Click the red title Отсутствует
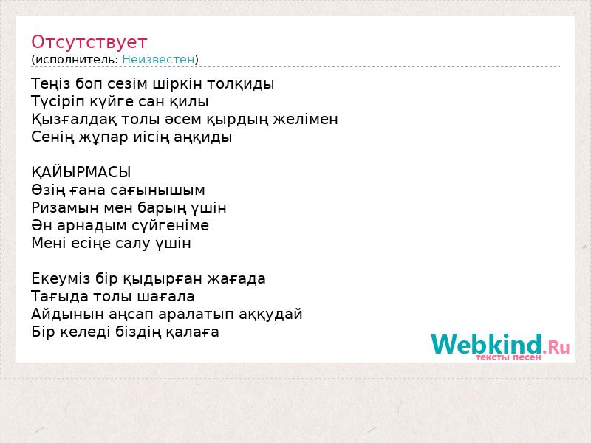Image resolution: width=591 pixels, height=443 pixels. point(89,42)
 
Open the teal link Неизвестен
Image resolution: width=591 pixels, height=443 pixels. point(158,59)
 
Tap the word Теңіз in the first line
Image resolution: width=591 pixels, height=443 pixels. point(50,83)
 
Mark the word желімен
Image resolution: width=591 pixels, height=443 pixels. point(305,120)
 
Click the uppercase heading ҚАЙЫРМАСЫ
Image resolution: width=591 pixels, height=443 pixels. point(81,173)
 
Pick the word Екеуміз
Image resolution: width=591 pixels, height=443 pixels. point(61,279)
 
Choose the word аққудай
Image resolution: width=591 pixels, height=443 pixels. point(270,315)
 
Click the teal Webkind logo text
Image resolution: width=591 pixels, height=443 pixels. point(486,344)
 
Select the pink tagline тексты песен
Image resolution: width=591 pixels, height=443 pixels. point(508,357)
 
